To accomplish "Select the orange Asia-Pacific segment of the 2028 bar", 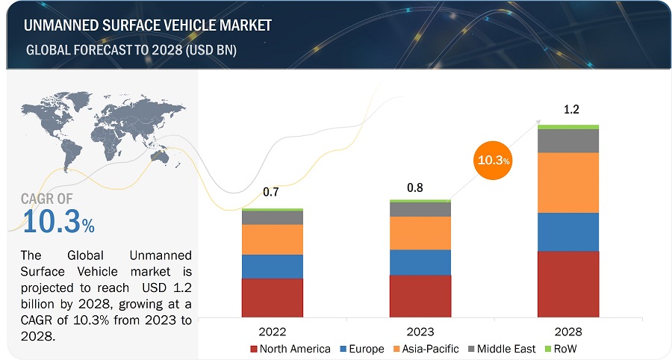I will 568,182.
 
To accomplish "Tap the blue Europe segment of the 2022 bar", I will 272,267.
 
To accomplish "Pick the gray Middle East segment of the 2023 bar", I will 420,209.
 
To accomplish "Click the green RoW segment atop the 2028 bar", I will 568,127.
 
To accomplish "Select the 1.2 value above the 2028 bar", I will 571,109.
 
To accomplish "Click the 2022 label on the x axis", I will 272,331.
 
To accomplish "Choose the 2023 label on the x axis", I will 420,331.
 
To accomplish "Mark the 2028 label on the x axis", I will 568,331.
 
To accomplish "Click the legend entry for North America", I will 290,349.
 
